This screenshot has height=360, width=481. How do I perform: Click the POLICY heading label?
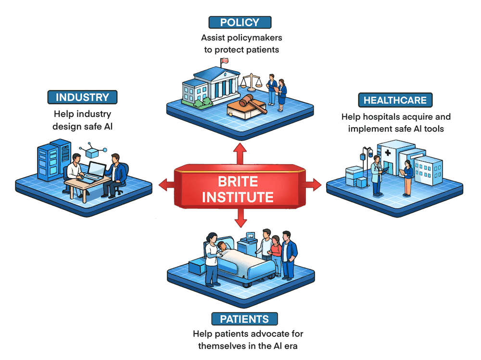pyautogui.click(x=240, y=22)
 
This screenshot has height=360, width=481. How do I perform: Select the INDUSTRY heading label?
pyautogui.click(x=82, y=97)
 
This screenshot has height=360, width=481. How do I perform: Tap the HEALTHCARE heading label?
pyautogui.click(x=394, y=100)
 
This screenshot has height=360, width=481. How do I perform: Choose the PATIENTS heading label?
pyautogui.click(x=244, y=319)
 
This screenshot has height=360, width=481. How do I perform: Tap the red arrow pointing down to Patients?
pyautogui.click(x=241, y=220)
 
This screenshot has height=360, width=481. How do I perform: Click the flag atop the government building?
pyautogui.click(x=224, y=61)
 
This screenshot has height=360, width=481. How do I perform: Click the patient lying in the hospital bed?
pyautogui.click(x=222, y=248)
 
